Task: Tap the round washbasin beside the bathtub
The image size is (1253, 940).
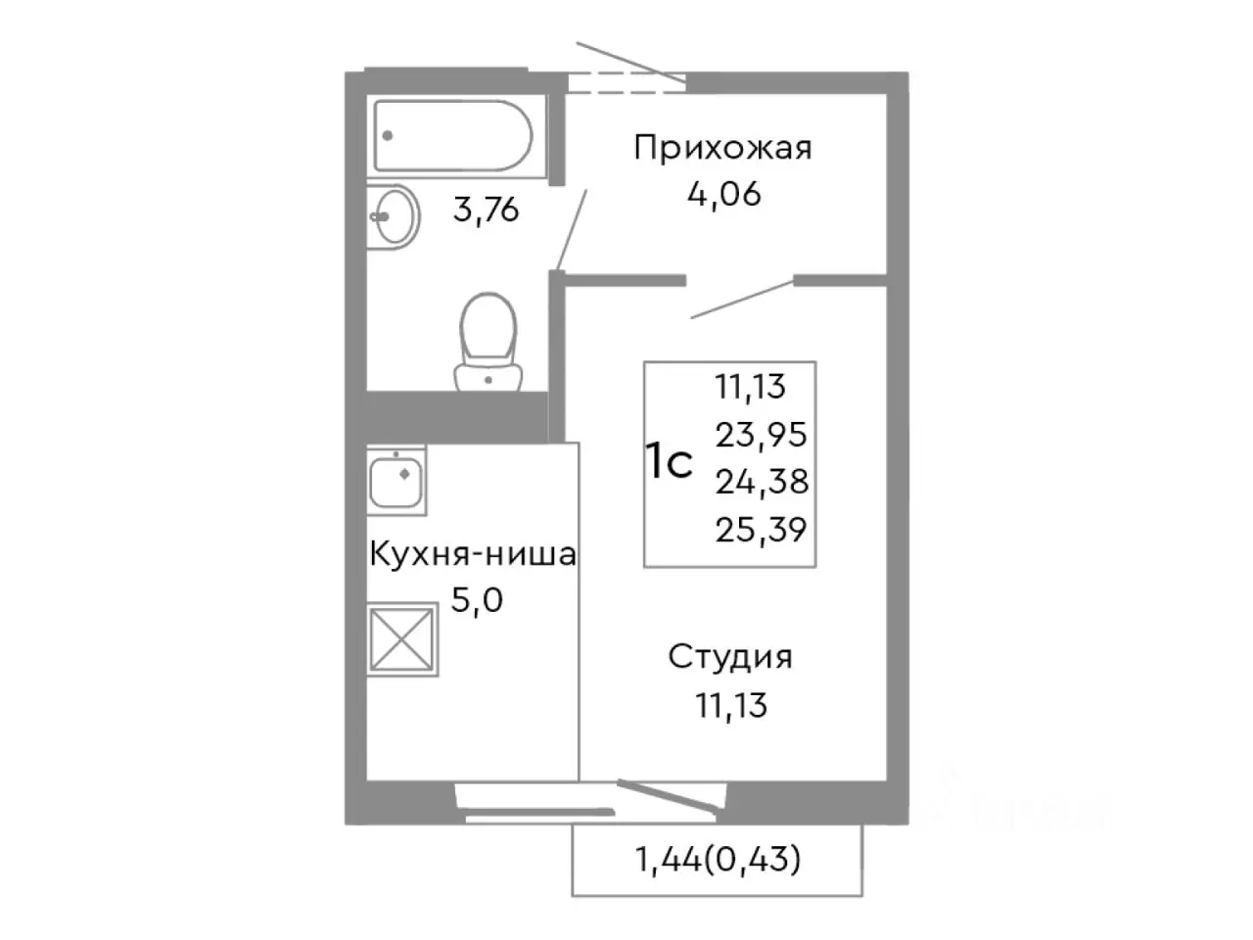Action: tap(394, 216)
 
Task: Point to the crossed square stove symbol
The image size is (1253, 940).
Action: tap(402, 638)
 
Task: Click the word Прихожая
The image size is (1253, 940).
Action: tap(722, 149)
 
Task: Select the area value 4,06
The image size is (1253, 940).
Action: tap(724, 194)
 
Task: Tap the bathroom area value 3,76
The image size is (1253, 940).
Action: tap(486, 210)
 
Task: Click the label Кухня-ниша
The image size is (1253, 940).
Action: tap(472, 555)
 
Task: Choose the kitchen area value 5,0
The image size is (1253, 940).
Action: tap(476, 599)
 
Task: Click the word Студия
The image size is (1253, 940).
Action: tap(730, 656)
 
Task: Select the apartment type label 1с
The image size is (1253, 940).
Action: tap(671, 463)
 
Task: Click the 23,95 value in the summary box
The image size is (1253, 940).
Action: tap(761, 434)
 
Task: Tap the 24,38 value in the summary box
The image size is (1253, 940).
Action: tap(761, 482)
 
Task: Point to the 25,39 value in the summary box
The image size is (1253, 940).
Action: tap(761, 530)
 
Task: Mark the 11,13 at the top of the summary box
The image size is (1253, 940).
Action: tap(751, 386)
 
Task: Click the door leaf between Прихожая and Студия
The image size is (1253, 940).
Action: tap(741, 299)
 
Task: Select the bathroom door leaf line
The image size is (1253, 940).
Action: tap(572, 229)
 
